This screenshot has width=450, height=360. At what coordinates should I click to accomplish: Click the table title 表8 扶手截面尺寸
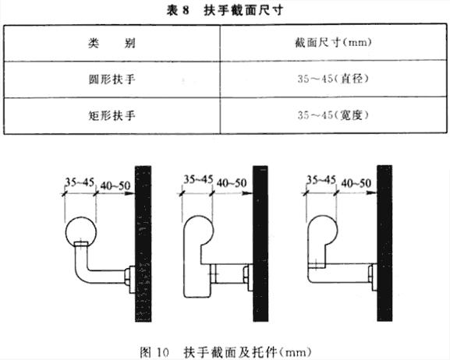click(225, 11)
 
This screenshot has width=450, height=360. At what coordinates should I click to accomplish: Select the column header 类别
click(112, 44)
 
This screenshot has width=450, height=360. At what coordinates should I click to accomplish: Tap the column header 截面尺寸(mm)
click(333, 42)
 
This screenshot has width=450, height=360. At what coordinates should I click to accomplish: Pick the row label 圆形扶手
click(112, 79)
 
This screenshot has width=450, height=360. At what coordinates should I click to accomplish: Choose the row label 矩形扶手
click(112, 115)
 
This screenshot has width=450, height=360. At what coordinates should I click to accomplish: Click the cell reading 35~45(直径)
click(333, 78)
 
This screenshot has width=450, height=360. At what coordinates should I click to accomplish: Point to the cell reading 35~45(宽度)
click(333, 115)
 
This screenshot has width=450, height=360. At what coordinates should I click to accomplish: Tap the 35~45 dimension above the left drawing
click(80, 182)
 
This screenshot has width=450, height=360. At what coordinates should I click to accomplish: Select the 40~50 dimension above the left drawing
click(115, 186)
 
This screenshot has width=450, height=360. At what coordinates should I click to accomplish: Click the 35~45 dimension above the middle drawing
click(198, 179)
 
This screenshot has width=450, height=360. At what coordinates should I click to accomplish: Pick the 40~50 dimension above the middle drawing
click(232, 183)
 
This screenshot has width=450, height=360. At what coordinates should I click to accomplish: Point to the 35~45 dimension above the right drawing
click(321, 180)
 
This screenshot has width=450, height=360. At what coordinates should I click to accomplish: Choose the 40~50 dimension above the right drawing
click(356, 183)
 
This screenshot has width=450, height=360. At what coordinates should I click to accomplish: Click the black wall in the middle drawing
click(260, 244)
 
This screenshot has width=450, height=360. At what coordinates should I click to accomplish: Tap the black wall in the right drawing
click(384, 243)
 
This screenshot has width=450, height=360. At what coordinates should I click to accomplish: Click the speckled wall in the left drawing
click(144, 244)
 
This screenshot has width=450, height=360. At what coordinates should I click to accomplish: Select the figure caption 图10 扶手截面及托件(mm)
click(225, 352)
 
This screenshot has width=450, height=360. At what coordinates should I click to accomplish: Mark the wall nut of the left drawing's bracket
click(127, 277)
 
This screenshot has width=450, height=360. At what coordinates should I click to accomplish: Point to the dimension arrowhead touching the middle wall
click(247, 193)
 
